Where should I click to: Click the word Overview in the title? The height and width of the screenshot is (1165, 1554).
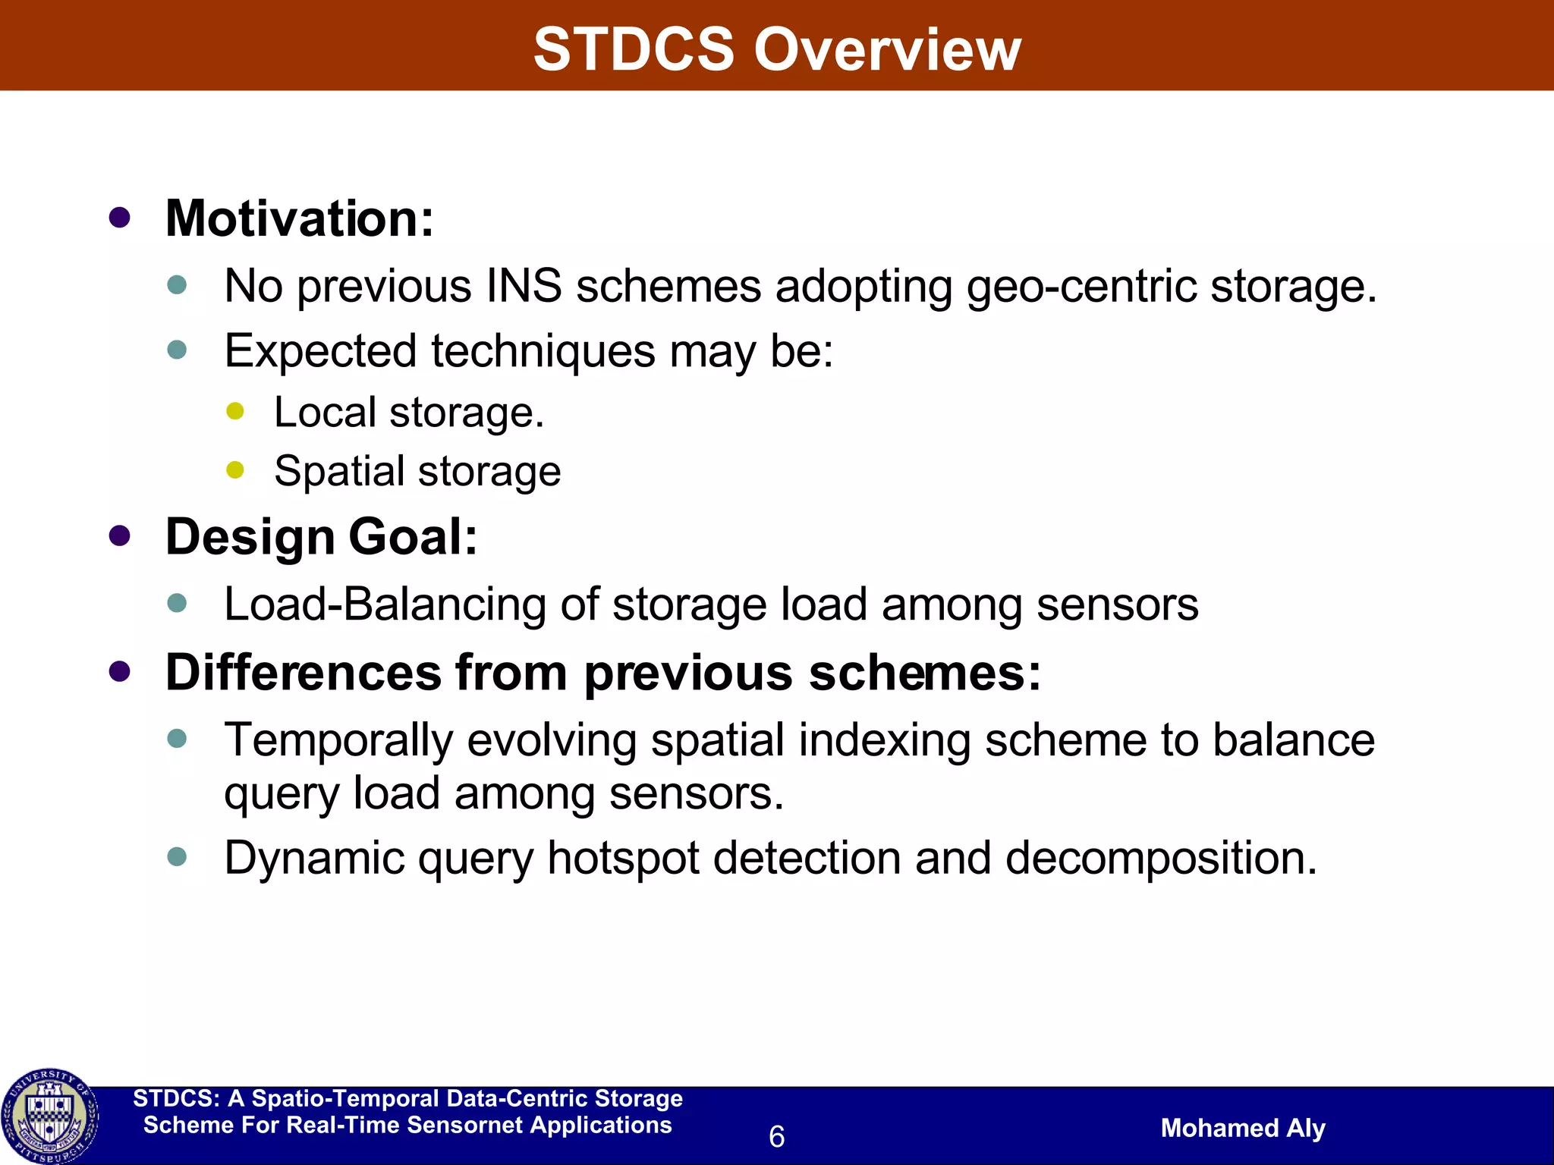[x=887, y=49]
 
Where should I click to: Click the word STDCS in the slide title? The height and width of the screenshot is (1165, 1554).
[x=634, y=49]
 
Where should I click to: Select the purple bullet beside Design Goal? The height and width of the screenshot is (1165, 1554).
[x=120, y=536]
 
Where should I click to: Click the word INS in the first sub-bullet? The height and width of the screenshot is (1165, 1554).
[x=524, y=287]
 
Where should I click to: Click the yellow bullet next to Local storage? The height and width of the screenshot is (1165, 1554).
[x=235, y=411]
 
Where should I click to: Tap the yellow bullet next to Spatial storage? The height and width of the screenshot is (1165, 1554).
[x=235, y=470]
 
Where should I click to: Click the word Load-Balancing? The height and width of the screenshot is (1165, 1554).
[x=385, y=604]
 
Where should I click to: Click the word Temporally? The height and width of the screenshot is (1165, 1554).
[x=338, y=740]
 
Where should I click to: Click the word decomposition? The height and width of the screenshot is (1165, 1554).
[x=1161, y=858]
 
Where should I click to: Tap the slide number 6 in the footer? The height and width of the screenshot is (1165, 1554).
[x=776, y=1136]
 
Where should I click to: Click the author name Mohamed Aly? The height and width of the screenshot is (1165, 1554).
[x=1243, y=1128]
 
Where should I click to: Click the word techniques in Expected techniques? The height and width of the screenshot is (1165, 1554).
[x=543, y=351]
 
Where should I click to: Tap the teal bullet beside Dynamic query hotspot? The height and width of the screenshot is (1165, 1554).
[x=177, y=857]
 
